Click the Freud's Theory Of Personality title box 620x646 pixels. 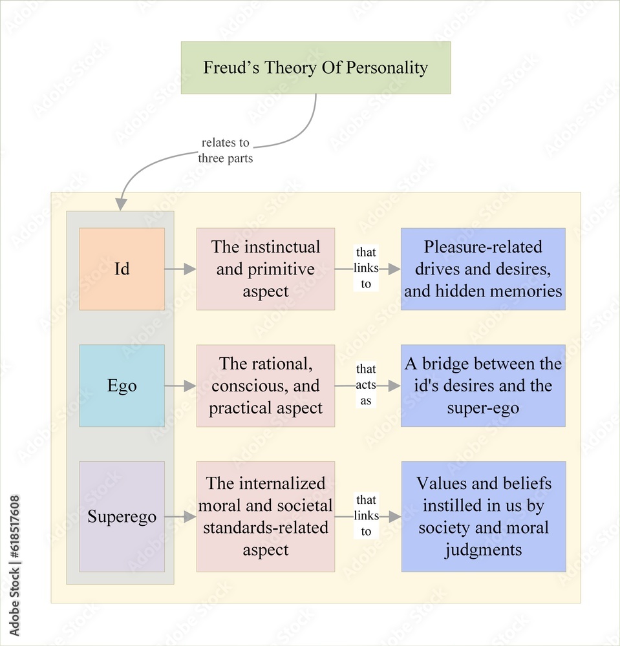coord(315,68)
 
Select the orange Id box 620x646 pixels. coord(122,269)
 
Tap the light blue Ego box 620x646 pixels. coord(122,386)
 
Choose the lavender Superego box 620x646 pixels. coord(122,517)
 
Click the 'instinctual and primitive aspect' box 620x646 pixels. coord(265,269)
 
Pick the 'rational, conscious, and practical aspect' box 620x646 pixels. coord(265,386)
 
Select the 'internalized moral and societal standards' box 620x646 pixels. coord(265,517)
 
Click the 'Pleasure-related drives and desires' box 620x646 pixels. coord(483,269)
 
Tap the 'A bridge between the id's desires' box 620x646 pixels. coord(483,386)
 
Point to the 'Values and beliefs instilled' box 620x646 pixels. coord(483,517)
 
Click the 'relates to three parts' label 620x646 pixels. coord(225,151)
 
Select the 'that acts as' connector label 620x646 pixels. coord(366,385)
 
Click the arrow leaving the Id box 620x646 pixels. coord(180,269)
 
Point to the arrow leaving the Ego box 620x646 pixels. coord(180,386)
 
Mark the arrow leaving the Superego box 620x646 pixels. coord(180,517)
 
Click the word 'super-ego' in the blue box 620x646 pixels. coord(483,408)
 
